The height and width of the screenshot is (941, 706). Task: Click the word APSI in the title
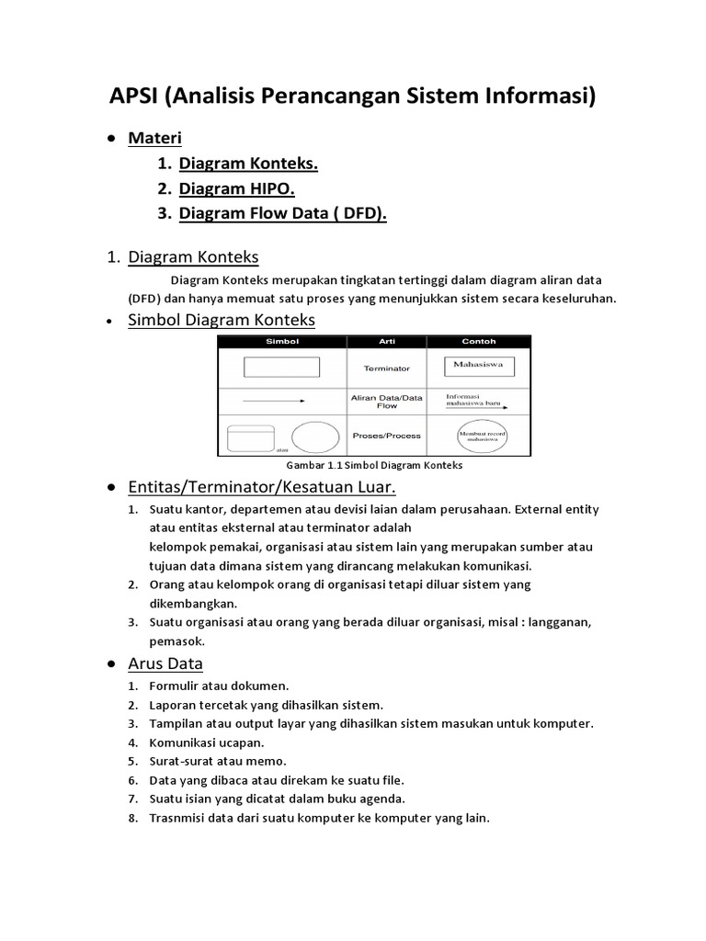[134, 96]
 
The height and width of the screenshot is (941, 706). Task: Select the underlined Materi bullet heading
[154, 139]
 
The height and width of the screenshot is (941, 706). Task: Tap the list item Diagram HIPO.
[236, 188]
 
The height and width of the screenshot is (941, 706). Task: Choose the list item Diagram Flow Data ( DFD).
[283, 214]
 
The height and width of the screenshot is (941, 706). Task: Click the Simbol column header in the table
[282, 341]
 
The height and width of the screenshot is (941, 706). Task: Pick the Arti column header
[386, 341]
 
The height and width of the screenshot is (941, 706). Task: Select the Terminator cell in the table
[386, 368]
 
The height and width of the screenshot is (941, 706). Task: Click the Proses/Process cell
[386, 436]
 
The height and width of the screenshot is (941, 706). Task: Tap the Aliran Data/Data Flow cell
[386, 401]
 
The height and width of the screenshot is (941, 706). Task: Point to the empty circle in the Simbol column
[314, 436]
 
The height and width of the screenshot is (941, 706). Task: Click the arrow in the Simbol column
[274, 401]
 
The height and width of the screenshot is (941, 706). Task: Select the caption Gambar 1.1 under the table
[374, 466]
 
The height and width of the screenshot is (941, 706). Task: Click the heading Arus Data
[165, 663]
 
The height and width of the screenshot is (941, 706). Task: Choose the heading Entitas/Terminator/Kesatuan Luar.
[262, 486]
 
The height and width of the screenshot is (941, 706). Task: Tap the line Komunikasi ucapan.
[207, 743]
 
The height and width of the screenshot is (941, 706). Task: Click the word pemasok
[176, 641]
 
